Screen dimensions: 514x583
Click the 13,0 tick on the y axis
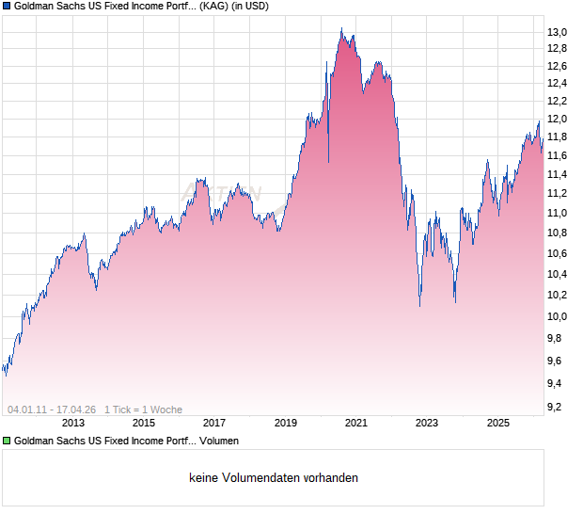point(558,33)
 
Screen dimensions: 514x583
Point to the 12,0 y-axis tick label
point(558,120)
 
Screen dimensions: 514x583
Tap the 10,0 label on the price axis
point(558,318)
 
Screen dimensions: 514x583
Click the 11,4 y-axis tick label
point(558,174)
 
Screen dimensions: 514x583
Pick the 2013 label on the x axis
point(72,424)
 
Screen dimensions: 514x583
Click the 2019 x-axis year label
point(285,424)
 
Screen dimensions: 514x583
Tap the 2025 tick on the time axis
point(497,424)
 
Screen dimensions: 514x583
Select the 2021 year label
point(356,424)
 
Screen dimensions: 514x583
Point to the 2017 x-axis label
point(214,424)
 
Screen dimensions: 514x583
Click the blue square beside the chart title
point(7,7)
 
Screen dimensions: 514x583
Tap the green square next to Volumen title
point(7,441)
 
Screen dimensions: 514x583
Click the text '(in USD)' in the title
point(267,7)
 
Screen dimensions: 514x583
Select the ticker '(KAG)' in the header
point(222,7)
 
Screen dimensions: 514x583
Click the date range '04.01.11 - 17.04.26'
point(52,410)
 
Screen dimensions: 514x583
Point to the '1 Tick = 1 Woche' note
point(143,410)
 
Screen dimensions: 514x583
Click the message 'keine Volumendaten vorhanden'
point(274,478)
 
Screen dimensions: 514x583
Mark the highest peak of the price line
point(341,29)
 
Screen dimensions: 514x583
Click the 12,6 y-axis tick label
point(558,66)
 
